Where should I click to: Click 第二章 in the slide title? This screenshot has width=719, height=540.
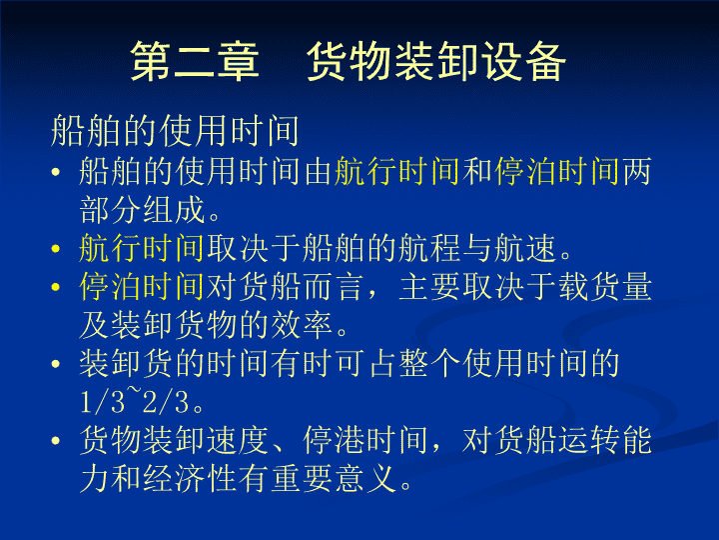point(195,62)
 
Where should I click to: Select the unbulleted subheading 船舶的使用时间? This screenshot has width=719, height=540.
point(175,131)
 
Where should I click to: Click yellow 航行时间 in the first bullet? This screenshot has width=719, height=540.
point(396,172)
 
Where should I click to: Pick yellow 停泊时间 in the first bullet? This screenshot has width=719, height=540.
point(557,172)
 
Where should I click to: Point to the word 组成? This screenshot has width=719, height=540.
point(174,210)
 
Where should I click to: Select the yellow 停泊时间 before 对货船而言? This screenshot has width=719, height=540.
point(141,287)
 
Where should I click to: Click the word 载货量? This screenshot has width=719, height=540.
point(605,287)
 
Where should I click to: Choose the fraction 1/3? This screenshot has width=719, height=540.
point(102,402)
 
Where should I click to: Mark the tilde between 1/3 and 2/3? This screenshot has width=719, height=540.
point(134,391)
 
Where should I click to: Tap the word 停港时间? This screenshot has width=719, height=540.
point(365,440)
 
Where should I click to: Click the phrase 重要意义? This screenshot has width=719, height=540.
point(334,478)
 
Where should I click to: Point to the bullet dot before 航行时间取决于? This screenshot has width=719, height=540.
point(56,249)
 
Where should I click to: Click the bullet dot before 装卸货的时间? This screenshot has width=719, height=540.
point(56,364)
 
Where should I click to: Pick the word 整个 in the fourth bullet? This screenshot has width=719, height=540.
point(429,364)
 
